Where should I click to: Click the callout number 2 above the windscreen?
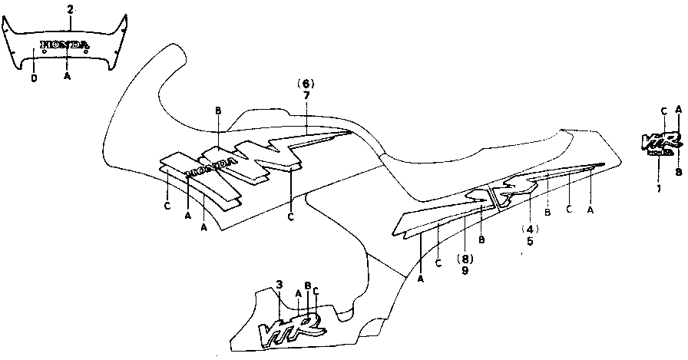tap(70, 9)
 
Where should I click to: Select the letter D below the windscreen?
tap(34, 78)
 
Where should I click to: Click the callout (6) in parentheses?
tap(306, 83)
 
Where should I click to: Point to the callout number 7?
tap(306, 94)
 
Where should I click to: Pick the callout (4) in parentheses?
tap(529, 229)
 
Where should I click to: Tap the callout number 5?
tap(529, 241)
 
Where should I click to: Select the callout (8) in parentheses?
tap(465, 258)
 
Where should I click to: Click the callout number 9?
tap(465, 270)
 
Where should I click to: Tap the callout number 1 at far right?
tap(658, 187)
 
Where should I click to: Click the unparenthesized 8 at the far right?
tap(678, 173)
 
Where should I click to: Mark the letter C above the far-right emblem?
tap(663, 110)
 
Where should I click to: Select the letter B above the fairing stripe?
tap(219, 111)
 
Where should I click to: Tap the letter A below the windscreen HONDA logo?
tap(68, 78)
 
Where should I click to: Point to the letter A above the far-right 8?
tap(678, 109)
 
